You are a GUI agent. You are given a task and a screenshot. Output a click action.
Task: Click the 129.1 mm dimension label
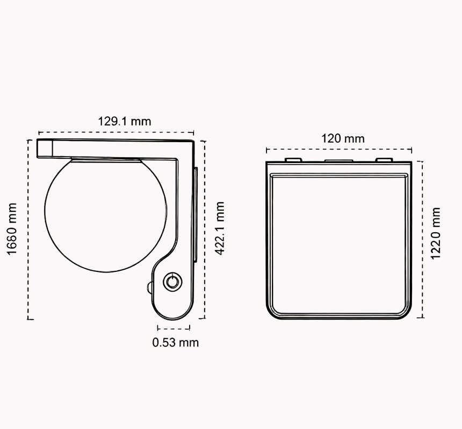tap(124, 121)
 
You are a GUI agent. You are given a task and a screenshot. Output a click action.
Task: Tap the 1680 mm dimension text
tap(12, 229)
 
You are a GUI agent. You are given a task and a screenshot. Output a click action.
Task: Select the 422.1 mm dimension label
tap(220, 228)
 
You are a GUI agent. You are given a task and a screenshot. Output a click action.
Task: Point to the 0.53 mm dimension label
tap(175, 343)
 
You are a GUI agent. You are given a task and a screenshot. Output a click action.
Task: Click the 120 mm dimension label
tap(343, 138)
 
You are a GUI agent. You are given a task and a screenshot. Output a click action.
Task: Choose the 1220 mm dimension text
tap(436, 233)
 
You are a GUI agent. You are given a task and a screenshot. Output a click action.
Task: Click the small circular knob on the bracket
tap(172, 282)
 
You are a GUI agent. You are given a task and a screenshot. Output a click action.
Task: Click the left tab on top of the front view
tap(293, 160)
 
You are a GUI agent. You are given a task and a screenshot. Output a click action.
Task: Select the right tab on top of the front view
tap(384, 160)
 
